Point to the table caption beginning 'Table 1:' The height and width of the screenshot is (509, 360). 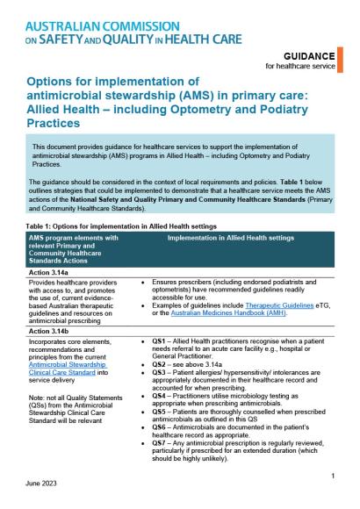coord(105,200)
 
